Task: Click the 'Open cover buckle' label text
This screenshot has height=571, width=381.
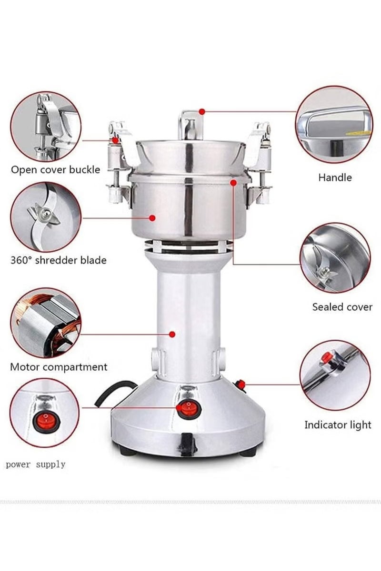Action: click(x=55, y=169)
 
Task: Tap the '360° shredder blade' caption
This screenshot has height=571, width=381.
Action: click(x=58, y=260)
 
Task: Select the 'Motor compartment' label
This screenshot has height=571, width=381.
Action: click(x=58, y=367)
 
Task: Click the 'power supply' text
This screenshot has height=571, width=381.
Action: click(x=35, y=464)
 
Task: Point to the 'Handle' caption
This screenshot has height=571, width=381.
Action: click(x=335, y=177)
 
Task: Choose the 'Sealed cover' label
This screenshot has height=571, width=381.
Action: click(x=342, y=307)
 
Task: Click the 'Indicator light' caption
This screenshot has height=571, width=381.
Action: click(x=338, y=425)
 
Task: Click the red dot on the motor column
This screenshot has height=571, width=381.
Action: click(x=172, y=335)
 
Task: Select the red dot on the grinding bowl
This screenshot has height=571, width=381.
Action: click(x=152, y=218)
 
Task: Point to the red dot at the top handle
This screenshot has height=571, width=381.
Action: click(x=202, y=111)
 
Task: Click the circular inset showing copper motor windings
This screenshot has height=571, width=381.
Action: click(x=46, y=323)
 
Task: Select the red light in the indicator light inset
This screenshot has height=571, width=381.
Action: click(x=327, y=357)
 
